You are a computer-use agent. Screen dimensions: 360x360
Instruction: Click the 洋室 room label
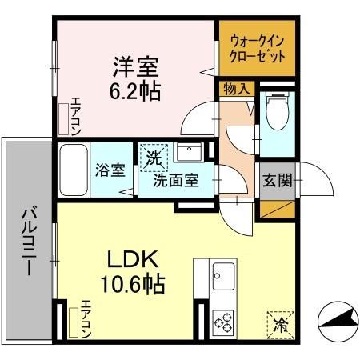[134, 63]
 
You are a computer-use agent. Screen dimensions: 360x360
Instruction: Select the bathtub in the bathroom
[71, 170]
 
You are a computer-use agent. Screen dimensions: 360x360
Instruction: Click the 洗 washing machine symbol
[152, 157]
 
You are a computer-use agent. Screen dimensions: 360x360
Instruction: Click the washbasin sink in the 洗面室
[190, 153]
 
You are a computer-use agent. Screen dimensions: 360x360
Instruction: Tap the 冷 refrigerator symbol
[280, 324]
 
